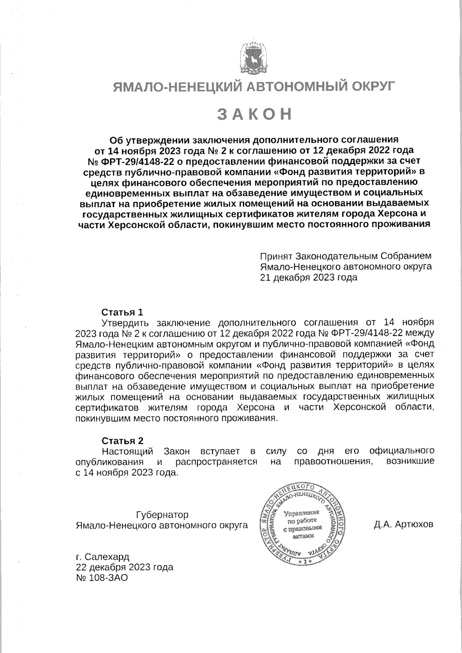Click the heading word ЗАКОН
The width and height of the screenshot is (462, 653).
pos(254,115)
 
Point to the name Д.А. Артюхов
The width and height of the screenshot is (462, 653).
pos(403,524)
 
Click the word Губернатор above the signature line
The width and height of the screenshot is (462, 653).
pos(162,514)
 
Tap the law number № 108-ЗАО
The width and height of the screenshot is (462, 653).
pos(102,578)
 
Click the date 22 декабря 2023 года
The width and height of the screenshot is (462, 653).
pos(125,567)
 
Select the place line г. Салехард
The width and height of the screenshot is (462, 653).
pos(103,556)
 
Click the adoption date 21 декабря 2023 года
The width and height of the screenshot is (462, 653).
pos(309,277)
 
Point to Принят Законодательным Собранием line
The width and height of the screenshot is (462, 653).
pos(345,256)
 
